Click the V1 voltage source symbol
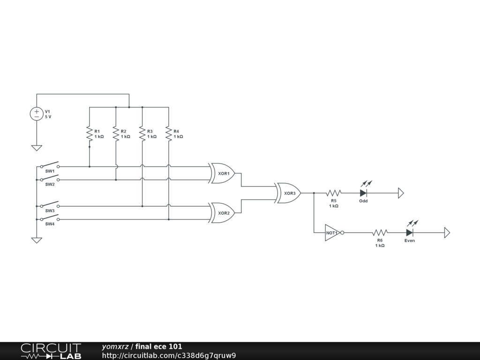[37, 114]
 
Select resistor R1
[89, 133]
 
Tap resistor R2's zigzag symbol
[116, 133]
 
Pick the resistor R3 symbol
[142, 133]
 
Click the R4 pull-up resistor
[168, 133]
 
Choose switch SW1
[49, 165]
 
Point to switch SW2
[49, 179]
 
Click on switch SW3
[49, 205]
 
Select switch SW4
[49, 218]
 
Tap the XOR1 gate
[223, 173]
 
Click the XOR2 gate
[223, 212]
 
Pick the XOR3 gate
[289, 193]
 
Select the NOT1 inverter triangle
[332, 232]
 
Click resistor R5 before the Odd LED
[334, 193]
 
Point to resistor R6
[380, 232]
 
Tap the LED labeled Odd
[363, 193]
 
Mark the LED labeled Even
[409, 232]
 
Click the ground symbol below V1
[37, 148]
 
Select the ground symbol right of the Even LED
[447, 232]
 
